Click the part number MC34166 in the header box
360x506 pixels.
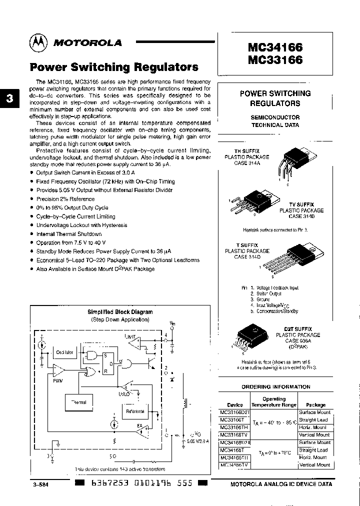(x=275, y=47)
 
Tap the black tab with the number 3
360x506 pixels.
(x=8, y=98)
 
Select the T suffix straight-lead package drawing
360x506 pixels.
(x=298, y=254)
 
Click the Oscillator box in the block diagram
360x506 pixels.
(x=64, y=352)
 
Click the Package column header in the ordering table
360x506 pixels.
(x=315, y=404)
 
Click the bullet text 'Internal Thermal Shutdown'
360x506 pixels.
(x=69, y=234)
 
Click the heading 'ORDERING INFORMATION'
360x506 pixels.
(x=275, y=386)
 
